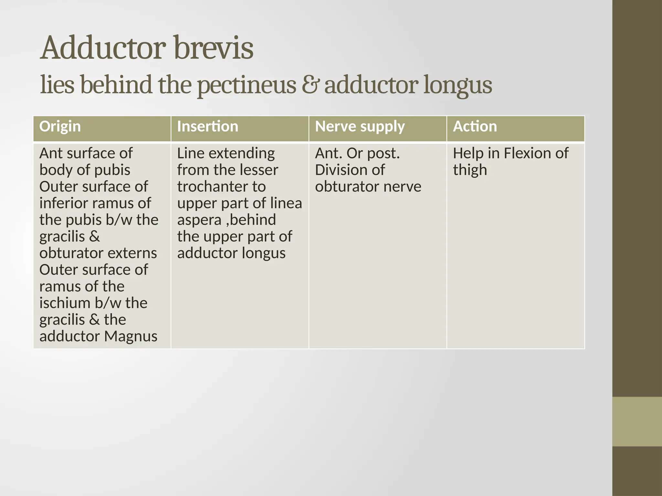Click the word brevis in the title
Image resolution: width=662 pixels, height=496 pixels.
[x=214, y=48]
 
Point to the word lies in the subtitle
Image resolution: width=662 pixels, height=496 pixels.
[x=57, y=85]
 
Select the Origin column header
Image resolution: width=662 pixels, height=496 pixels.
[x=60, y=127]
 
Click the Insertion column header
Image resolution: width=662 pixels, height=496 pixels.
[x=208, y=127]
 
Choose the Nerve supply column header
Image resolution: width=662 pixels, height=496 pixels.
[x=360, y=127]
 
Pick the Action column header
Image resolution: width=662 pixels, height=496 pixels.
[x=475, y=127]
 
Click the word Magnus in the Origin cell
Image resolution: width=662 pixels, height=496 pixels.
[x=131, y=336]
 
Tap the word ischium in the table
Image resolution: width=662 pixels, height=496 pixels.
[x=65, y=303]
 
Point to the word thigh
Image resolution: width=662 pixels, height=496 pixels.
[x=470, y=170]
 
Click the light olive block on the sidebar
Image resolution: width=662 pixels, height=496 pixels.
[x=637, y=421]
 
